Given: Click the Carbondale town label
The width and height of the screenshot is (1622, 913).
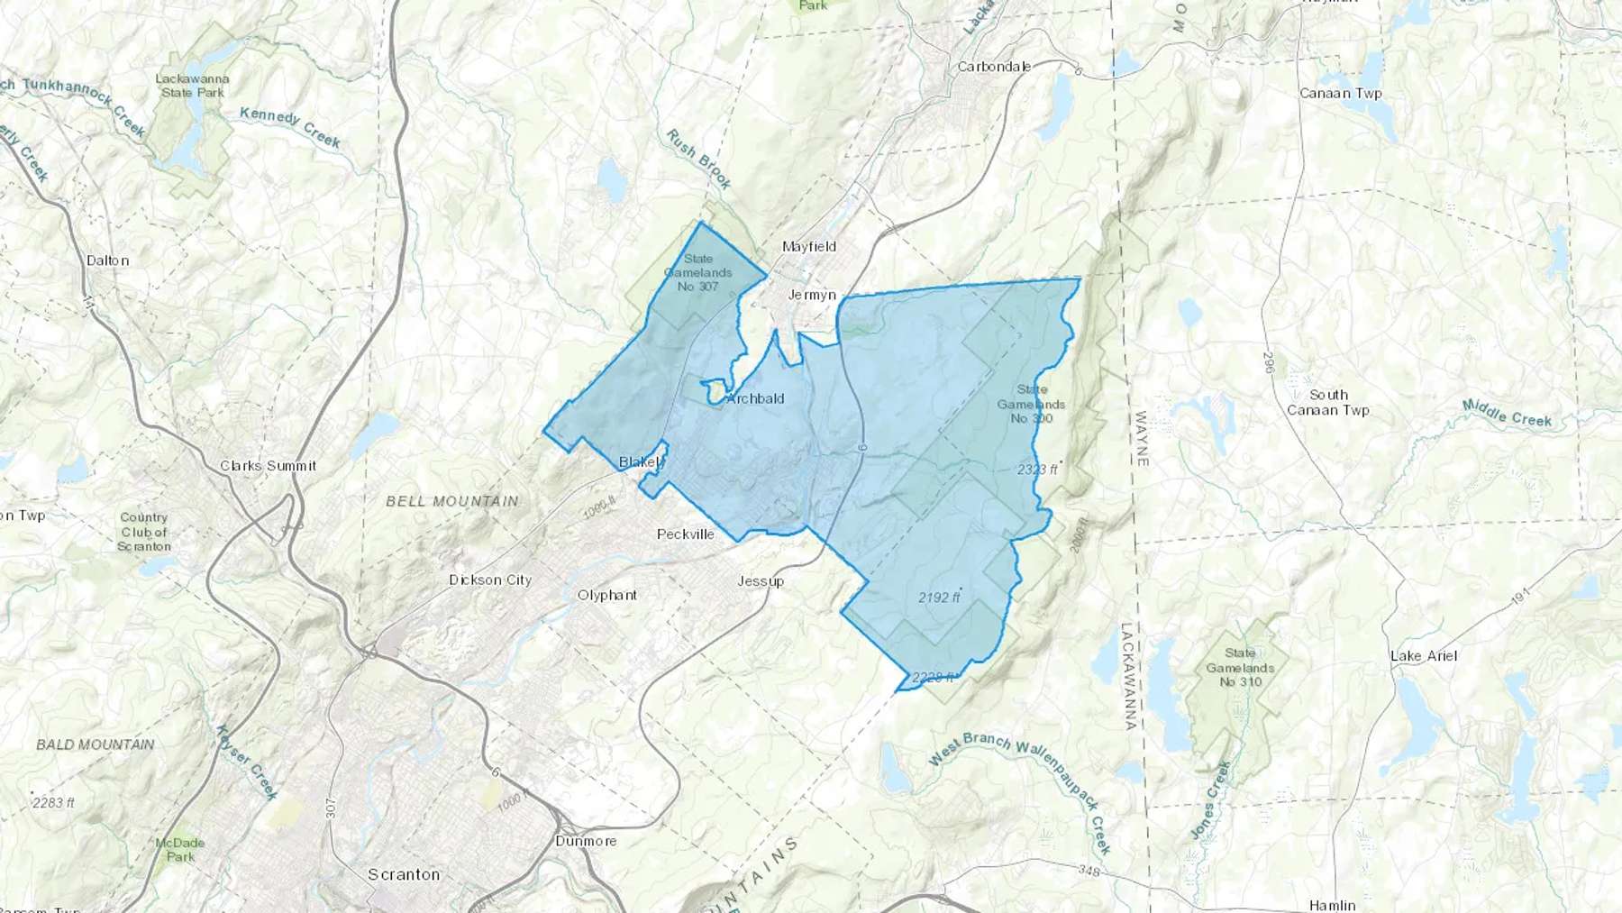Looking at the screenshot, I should (x=993, y=67).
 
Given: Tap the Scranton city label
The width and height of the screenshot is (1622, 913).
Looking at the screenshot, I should (x=404, y=874).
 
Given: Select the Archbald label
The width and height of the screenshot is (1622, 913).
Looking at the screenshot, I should (x=755, y=398).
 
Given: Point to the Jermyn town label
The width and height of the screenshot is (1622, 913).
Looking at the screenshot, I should (x=812, y=295).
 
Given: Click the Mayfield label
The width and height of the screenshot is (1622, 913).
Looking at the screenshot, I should (x=809, y=246).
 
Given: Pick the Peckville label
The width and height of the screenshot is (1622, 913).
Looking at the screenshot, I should (x=685, y=534).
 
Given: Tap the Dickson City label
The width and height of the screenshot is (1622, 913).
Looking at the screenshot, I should (x=490, y=580).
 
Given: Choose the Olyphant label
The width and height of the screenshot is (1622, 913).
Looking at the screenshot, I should (x=606, y=595).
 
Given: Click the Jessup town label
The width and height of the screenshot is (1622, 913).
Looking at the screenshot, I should (x=761, y=580).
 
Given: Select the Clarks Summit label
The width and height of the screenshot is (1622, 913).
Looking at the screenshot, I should (x=268, y=466).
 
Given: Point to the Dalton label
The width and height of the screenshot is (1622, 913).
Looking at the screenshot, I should (x=108, y=260).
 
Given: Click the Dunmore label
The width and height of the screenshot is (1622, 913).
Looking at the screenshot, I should (x=586, y=841).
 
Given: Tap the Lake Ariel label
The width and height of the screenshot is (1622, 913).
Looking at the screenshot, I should (x=1424, y=655).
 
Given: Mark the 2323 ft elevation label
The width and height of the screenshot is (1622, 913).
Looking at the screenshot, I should (x=1037, y=469).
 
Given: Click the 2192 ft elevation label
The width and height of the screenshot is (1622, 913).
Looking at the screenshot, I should (x=939, y=597).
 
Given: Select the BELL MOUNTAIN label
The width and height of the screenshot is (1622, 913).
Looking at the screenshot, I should (x=452, y=501).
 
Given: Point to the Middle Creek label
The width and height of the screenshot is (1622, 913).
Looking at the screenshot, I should (x=1507, y=413).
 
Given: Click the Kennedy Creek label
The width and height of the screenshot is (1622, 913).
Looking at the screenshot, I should (x=290, y=128).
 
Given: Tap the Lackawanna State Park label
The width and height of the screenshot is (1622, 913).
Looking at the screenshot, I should (x=191, y=86).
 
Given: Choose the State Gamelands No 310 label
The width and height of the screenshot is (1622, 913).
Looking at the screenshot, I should (x=1240, y=667).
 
